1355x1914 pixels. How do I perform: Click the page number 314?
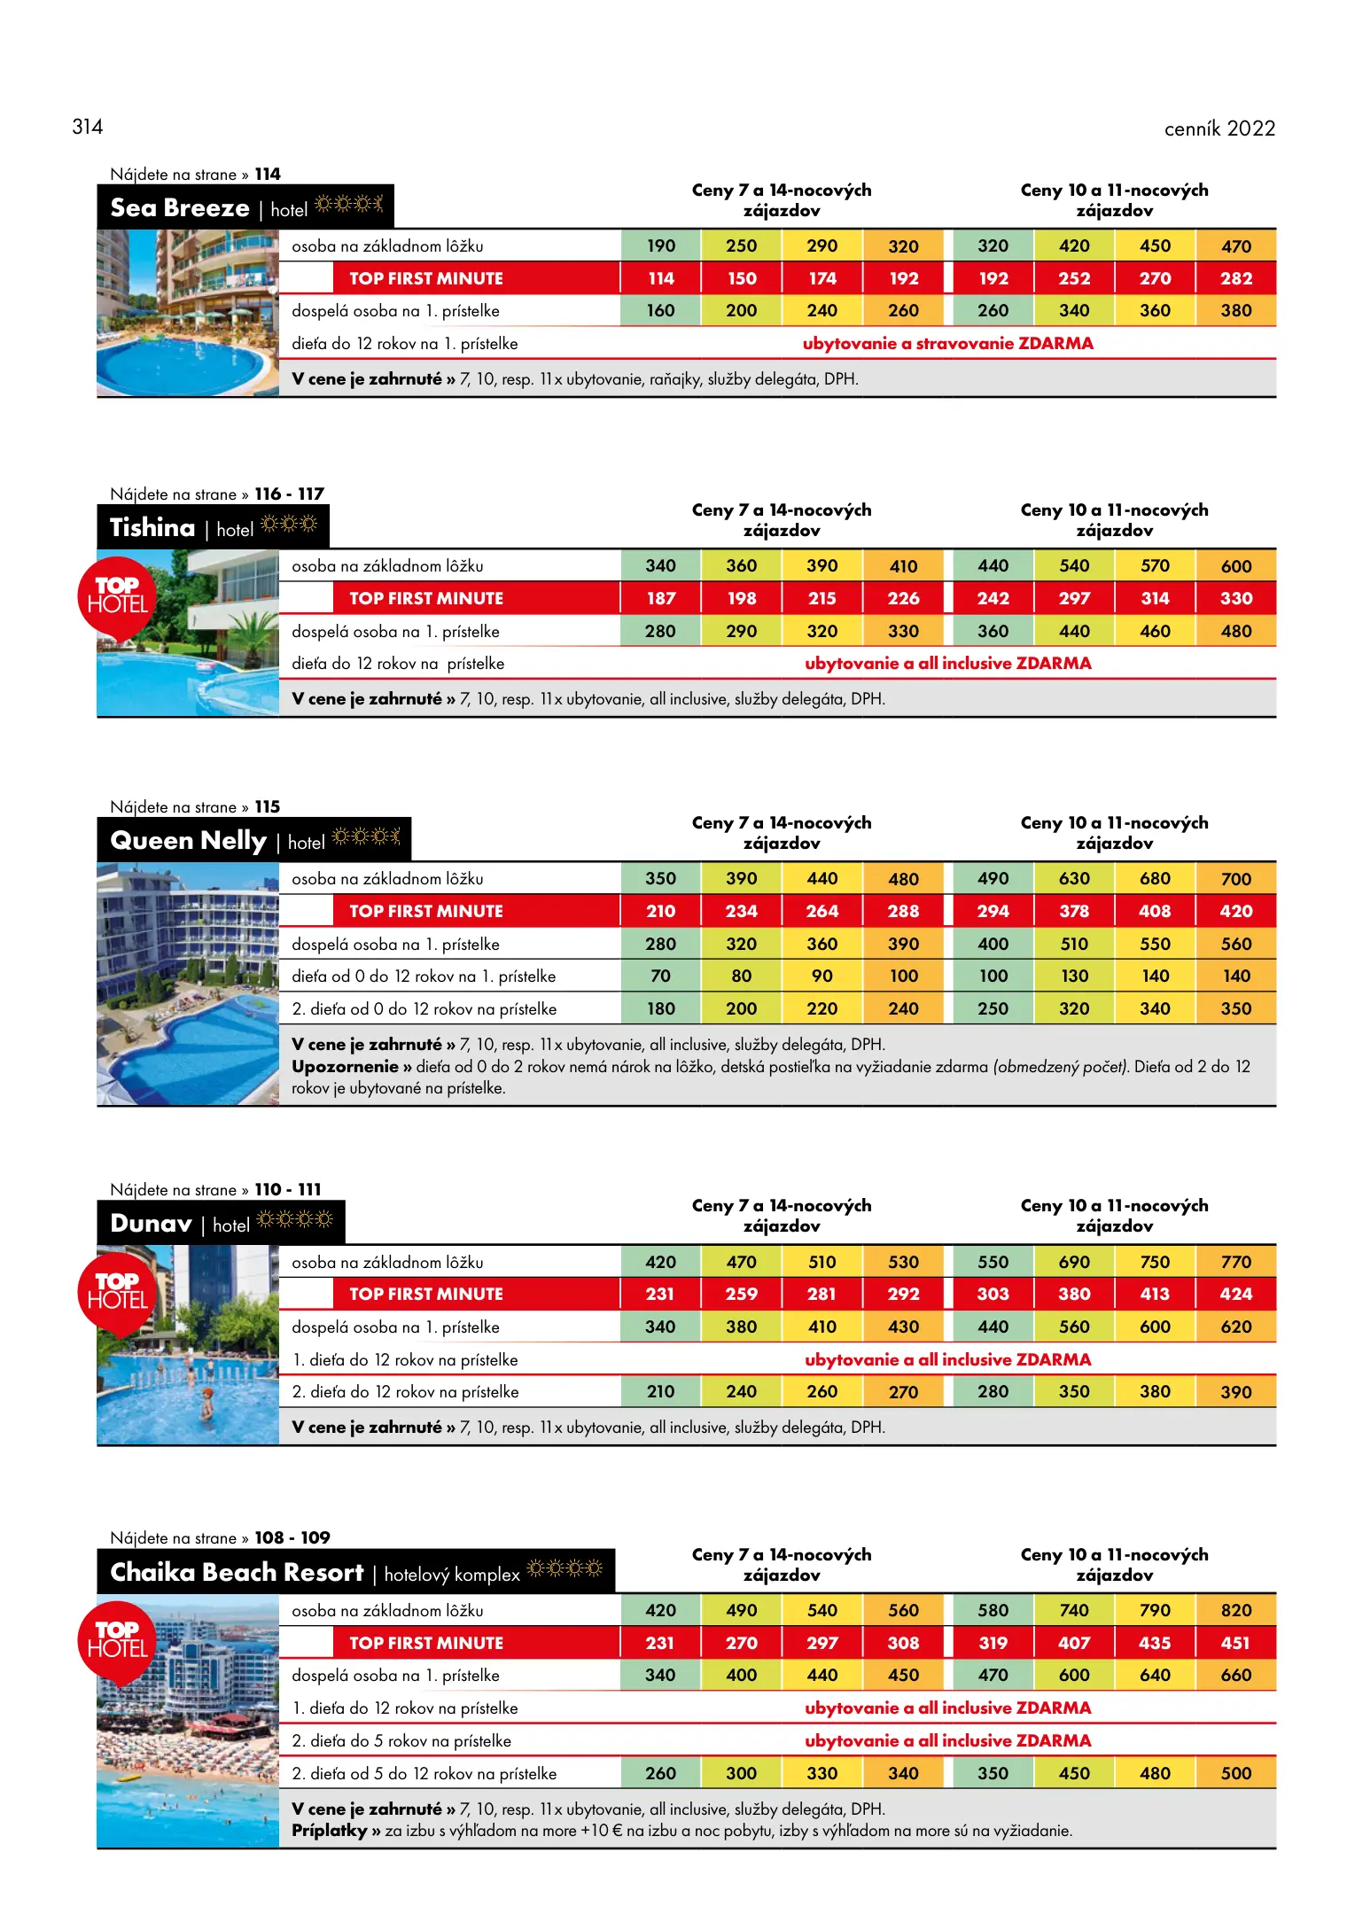(x=88, y=127)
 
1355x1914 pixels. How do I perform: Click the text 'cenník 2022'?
(x=1219, y=128)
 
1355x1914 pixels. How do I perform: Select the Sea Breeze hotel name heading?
(x=180, y=208)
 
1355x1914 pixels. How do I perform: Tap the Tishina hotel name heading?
(x=152, y=528)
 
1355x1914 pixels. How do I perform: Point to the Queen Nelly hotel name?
(x=188, y=840)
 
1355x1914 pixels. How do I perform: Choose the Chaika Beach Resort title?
(x=237, y=1572)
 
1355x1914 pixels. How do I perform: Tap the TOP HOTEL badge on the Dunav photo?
(x=117, y=1292)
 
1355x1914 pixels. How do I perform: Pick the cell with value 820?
(x=1235, y=1610)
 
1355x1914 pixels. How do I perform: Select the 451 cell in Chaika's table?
(x=1235, y=1643)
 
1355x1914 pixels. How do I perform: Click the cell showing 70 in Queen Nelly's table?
(x=660, y=976)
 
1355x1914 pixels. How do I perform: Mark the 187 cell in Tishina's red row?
(x=660, y=598)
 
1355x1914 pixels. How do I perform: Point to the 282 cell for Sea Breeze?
(x=1235, y=278)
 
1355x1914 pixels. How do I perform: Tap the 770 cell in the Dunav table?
(x=1235, y=1262)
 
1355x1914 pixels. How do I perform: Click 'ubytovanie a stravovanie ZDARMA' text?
(x=947, y=344)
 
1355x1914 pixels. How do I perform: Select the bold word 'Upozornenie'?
(x=345, y=1067)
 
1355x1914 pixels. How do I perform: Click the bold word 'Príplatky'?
(x=329, y=1831)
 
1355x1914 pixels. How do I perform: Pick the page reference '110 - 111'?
(x=288, y=1189)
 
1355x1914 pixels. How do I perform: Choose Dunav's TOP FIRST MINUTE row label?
(x=425, y=1294)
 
